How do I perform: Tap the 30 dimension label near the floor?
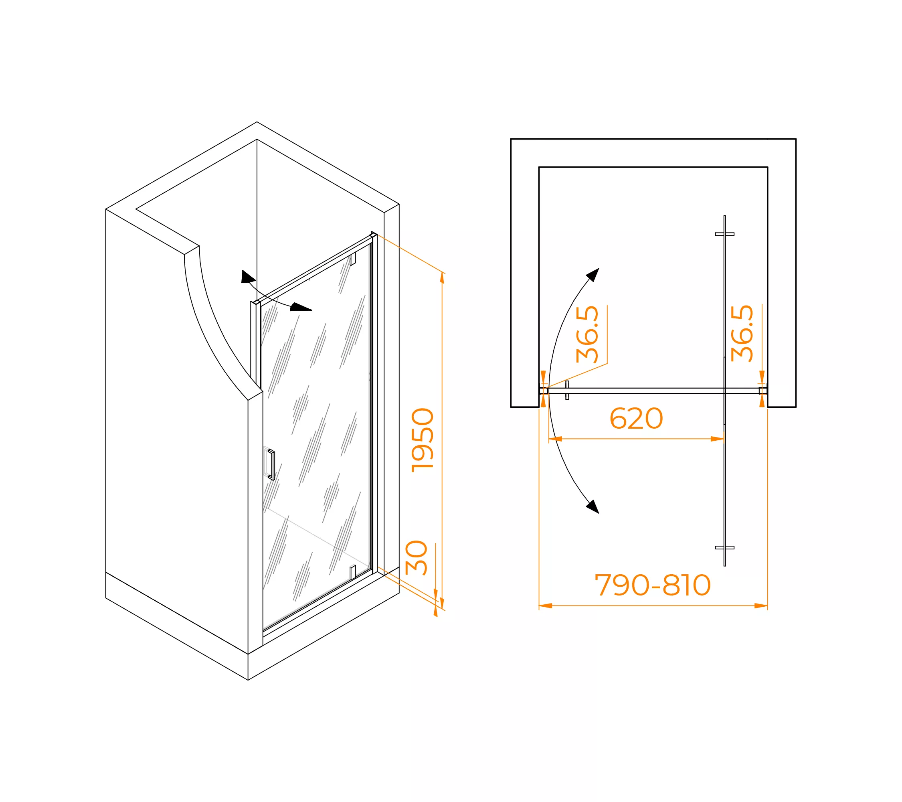(416, 558)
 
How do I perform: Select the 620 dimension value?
(636, 418)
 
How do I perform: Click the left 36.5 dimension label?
(587, 334)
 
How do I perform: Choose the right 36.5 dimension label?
(742, 333)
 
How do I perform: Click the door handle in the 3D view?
(271, 464)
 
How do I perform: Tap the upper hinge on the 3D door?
(353, 259)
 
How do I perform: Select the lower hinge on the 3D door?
(353, 573)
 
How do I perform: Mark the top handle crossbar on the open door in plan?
(724, 234)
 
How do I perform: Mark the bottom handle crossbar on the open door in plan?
(724, 548)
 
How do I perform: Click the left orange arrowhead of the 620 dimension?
(555, 439)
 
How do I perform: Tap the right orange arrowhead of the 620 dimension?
(718, 439)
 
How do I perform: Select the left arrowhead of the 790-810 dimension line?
(546, 606)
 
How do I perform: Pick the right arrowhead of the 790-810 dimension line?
(761, 606)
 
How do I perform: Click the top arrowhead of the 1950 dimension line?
(442, 278)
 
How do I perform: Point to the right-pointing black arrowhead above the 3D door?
(301, 307)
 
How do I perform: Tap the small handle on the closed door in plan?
(567, 390)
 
